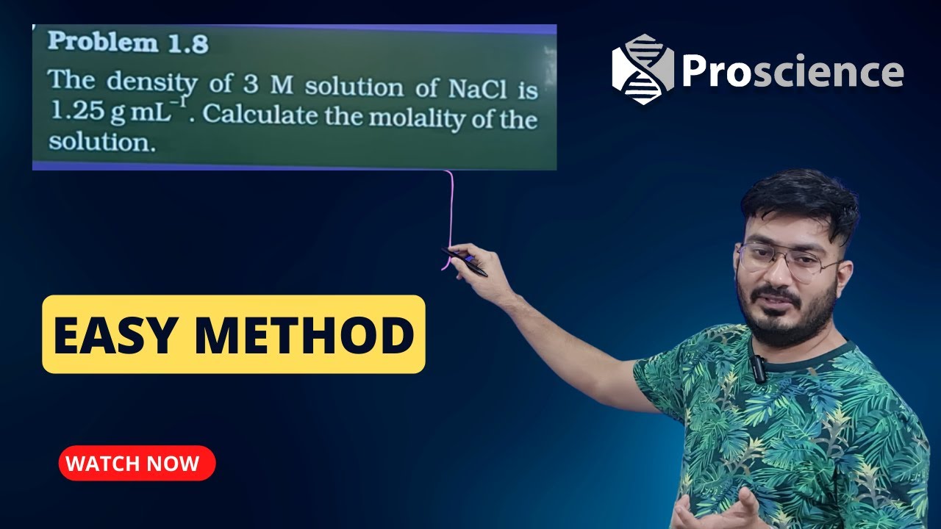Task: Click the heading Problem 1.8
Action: point(128,43)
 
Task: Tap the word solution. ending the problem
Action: point(102,143)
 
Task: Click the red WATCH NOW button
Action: point(137,463)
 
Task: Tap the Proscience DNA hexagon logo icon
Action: point(643,70)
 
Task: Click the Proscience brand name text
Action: point(792,71)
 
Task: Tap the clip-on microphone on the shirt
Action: point(758,367)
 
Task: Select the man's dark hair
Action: point(801,198)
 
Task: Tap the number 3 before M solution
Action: point(251,84)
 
